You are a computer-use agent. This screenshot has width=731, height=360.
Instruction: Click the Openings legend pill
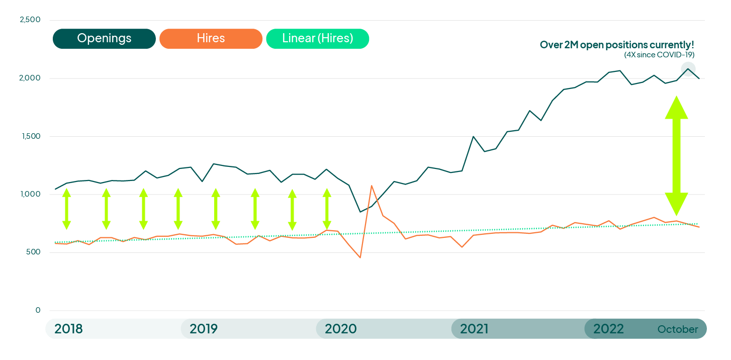point(104,39)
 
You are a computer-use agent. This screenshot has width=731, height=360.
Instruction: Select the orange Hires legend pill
point(211,39)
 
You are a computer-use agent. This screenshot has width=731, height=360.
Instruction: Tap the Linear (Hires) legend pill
point(317,39)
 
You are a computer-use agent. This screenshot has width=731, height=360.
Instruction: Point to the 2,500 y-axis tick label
point(30,20)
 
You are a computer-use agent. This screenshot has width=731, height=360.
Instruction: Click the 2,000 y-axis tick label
point(30,78)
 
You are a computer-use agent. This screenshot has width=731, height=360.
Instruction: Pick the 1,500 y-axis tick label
point(30,136)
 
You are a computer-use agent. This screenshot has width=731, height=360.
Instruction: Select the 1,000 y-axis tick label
point(30,195)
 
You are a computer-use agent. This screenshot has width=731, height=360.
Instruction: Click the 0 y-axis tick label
point(38,310)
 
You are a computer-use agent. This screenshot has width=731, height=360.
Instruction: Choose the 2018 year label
point(68,329)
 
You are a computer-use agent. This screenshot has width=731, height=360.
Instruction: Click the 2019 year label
point(204,329)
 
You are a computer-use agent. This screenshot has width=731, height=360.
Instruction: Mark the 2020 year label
point(340,329)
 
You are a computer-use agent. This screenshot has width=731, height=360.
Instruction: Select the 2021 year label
point(474,329)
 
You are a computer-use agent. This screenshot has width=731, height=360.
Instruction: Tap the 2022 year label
point(608,329)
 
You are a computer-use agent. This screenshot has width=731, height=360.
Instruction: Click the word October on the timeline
point(678,330)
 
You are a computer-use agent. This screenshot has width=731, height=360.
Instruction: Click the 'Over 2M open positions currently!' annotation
point(617,45)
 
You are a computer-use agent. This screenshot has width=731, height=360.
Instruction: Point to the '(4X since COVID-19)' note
point(659,54)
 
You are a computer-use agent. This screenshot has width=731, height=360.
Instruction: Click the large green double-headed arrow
point(676,156)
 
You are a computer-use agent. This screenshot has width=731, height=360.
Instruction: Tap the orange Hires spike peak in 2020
point(372,186)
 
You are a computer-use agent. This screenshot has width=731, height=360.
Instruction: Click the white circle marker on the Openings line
point(688,69)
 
